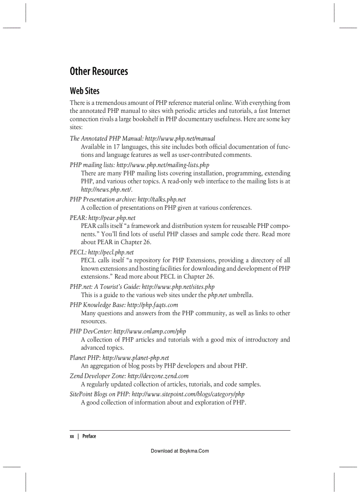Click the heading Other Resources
click(99, 71)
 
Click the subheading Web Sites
click(85, 91)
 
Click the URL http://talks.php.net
click(161, 199)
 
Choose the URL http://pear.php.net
click(112, 218)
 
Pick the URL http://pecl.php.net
click(111, 252)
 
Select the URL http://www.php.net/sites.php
click(178, 287)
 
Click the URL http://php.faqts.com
click(153, 305)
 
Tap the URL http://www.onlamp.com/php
click(150, 331)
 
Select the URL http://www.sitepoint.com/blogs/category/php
click(188, 394)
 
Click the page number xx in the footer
click(71, 436)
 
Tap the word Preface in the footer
click(89, 436)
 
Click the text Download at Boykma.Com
click(180, 451)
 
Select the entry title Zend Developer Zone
click(97, 376)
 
